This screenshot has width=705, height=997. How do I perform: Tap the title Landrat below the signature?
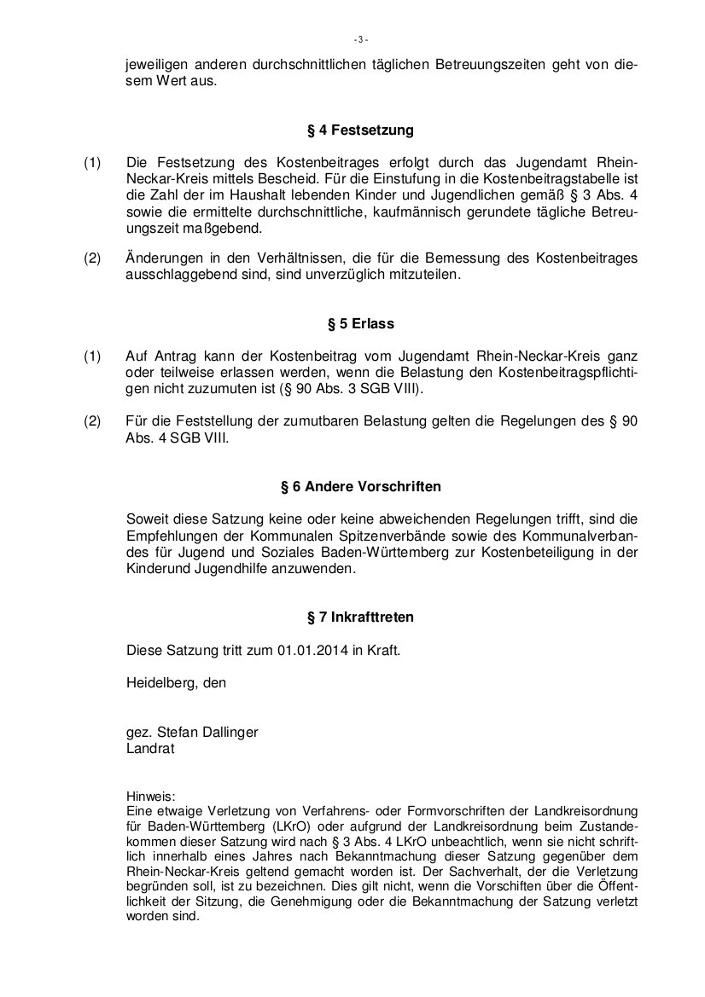point(149,749)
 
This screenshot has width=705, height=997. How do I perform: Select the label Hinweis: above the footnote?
point(149,795)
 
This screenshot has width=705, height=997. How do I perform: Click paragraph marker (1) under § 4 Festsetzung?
point(92,163)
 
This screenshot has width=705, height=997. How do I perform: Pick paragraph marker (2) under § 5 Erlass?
point(92,420)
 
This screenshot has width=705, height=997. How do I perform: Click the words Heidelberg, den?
point(176,681)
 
